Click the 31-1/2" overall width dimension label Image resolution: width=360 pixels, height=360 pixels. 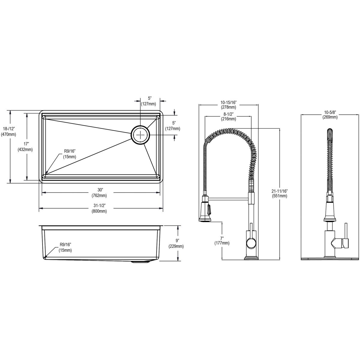pyautogui.click(x=100, y=208)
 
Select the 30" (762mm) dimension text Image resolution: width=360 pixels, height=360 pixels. pyautogui.click(x=100, y=193)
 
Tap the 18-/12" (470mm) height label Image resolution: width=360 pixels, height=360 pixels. pyautogui.click(x=9, y=131)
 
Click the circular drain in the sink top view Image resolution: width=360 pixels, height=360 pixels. pyautogui.click(x=140, y=135)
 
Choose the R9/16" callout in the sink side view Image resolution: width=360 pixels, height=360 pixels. pyautogui.click(x=65, y=247)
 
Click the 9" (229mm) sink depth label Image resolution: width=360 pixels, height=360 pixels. pyautogui.click(x=176, y=243)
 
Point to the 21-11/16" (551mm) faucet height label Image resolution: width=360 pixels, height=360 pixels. pyautogui.click(x=279, y=193)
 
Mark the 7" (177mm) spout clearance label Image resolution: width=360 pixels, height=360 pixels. pyautogui.click(x=222, y=240)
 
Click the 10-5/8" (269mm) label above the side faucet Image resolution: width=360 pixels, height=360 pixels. pyautogui.click(x=330, y=115)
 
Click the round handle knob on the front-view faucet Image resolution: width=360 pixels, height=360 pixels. pyautogui.click(x=251, y=241)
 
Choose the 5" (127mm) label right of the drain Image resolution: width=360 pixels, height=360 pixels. pyautogui.click(x=173, y=126)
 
